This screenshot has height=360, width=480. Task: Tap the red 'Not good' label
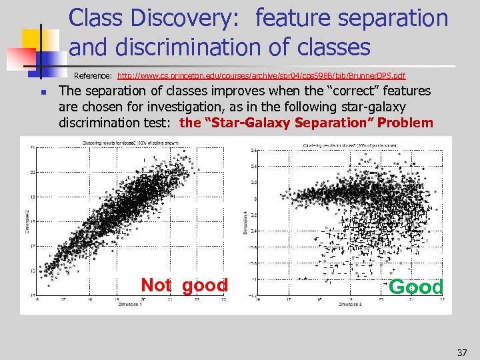click(184, 285)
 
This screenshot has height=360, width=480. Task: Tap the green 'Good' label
click(415, 287)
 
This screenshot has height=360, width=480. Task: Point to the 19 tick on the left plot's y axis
click(33, 197)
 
